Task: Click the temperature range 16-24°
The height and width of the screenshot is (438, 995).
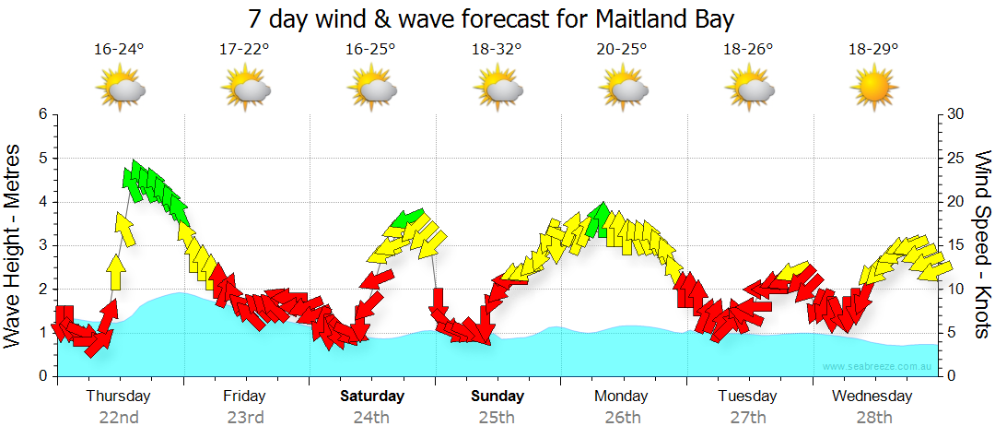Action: (x=119, y=49)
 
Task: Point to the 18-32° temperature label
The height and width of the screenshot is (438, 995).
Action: (x=497, y=49)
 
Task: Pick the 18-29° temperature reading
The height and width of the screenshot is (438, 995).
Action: (x=873, y=49)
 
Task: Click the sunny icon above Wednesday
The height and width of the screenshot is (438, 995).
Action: (x=873, y=89)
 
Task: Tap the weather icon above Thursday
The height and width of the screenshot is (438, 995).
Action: (x=121, y=89)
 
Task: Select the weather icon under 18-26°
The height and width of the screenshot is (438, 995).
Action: (x=749, y=89)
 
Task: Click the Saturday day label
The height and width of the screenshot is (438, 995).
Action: (x=372, y=397)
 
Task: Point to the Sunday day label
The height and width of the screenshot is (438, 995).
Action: (x=497, y=397)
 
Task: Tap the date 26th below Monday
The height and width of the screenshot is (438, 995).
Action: (x=623, y=417)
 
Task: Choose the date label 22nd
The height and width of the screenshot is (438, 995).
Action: (x=120, y=417)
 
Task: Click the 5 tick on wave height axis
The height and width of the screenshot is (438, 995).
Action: (x=41, y=159)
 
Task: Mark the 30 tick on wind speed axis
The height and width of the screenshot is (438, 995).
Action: (x=955, y=114)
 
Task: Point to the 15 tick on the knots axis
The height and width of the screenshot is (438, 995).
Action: (x=955, y=245)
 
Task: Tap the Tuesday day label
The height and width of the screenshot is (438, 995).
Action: (x=747, y=397)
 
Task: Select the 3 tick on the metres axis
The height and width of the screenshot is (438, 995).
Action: (x=41, y=245)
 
